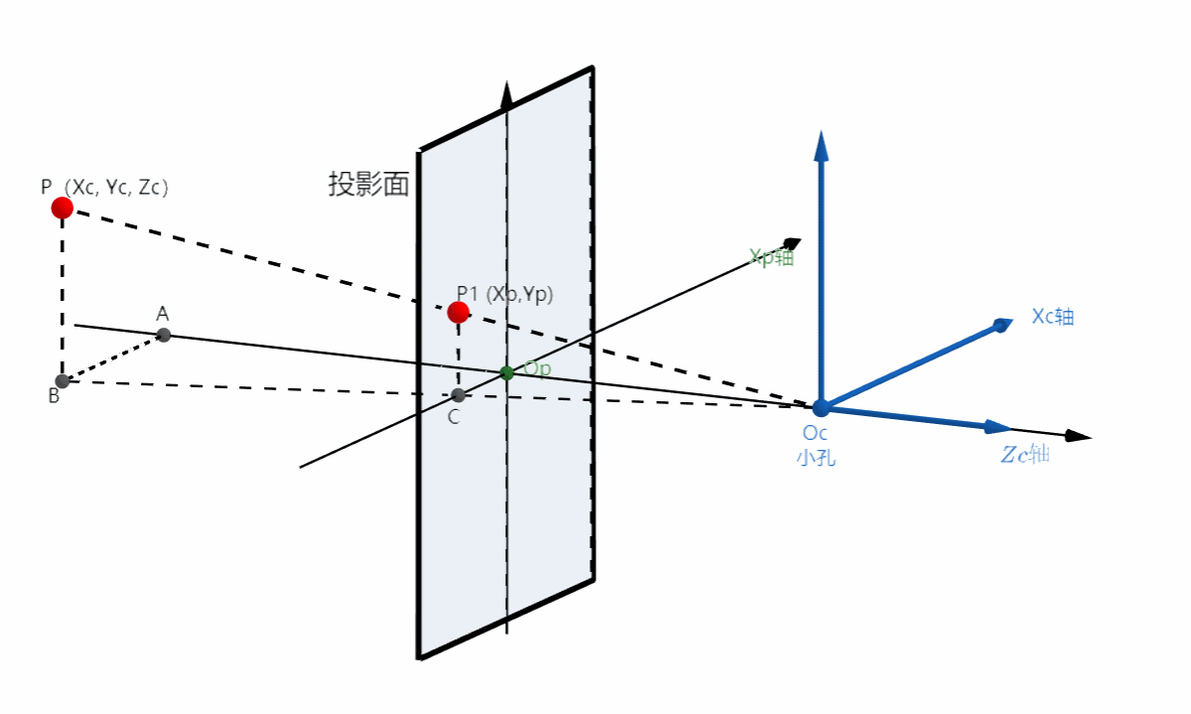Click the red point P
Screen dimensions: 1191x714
coord(63,208)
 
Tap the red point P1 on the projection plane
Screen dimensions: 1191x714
coord(458,313)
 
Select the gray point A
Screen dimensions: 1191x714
coord(164,335)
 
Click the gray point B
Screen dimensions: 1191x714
coord(63,381)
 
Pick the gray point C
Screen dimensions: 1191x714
coord(458,395)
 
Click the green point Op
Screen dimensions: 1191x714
coord(507,372)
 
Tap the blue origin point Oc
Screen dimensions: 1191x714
coord(821,407)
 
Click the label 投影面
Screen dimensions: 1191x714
coord(368,185)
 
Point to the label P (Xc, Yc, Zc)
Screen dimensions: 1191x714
coord(105,186)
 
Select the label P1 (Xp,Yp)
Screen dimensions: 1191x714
coord(504,294)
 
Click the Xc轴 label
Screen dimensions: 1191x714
coord(1053,317)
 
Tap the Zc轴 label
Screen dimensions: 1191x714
coord(1024,456)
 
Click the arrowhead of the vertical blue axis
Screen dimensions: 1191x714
coord(821,145)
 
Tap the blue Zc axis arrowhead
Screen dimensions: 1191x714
coord(997,427)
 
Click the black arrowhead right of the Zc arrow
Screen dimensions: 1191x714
coord(1079,436)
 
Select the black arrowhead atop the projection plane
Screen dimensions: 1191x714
coord(507,95)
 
